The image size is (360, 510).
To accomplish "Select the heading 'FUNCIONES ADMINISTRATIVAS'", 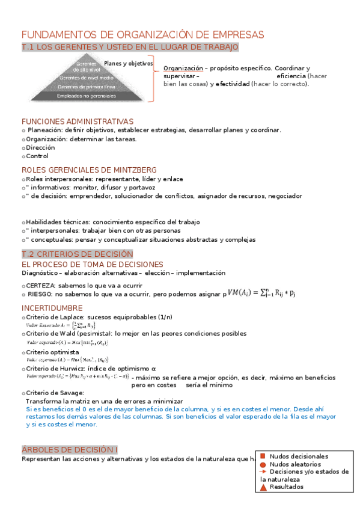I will (78, 121).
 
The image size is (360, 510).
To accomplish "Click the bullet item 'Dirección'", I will (40, 147).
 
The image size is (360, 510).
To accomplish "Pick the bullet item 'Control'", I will (37, 156).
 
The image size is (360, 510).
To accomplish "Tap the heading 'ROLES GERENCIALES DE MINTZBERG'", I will (89, 170).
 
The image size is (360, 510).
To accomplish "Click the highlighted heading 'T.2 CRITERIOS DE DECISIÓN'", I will (77, 254).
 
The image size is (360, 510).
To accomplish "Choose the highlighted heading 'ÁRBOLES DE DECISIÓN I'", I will (70, 449).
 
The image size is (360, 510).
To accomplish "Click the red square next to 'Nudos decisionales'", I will (263, 456).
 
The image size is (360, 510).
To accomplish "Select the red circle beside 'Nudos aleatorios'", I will (263, 464).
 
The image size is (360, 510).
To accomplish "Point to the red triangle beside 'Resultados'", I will (263, 487).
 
